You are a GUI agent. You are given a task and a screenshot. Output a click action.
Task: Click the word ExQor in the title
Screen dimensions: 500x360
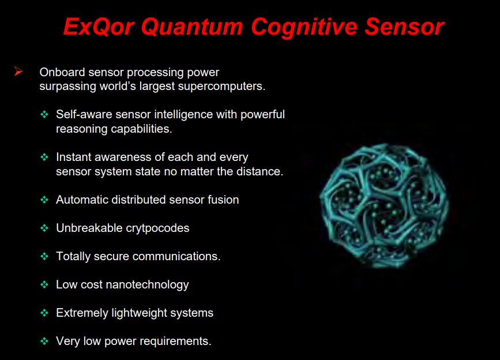click(x=99, y=27)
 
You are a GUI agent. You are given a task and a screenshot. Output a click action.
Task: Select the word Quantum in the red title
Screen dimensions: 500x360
click(x=192, y=27)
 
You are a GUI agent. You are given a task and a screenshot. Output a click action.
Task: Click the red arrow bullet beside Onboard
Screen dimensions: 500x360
click(x=18, y=72)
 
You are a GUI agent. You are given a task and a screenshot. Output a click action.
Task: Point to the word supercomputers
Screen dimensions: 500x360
click(x=221, y=87)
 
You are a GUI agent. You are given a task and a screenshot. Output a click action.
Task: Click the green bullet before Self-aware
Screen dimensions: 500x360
click(x=44, y=114)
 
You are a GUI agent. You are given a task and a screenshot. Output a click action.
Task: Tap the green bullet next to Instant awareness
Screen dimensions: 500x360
click(x=44, y=157)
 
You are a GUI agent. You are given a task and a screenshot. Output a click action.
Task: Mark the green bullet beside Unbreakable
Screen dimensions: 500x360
click(x=44, y=228)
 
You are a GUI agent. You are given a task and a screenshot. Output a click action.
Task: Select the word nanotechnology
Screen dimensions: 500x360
click(x=147, y=285)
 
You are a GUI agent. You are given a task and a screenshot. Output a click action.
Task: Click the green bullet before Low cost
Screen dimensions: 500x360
click(x=44, y=284)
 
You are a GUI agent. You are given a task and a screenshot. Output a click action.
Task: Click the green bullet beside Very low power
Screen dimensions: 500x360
click(x=44, y=341)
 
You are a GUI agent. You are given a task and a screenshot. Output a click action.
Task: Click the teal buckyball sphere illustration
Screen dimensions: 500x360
click(x=385, y=205)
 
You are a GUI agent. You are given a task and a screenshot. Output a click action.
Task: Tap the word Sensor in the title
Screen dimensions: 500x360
click(x=404, y=27)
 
